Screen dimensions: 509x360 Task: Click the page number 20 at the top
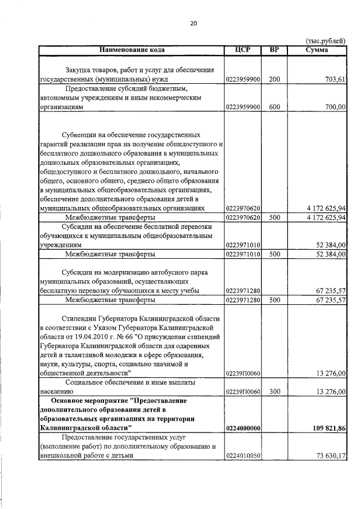point(193,24)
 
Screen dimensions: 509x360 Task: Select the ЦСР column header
point(243,50)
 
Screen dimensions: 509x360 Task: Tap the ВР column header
point(274,50)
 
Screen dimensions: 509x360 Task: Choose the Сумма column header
point(317,50)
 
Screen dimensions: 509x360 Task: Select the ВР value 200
point(274,80)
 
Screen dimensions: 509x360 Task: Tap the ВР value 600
point(274,107)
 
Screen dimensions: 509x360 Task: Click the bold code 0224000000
point(243,429)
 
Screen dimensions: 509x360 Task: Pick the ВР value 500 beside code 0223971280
point(274,300)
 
